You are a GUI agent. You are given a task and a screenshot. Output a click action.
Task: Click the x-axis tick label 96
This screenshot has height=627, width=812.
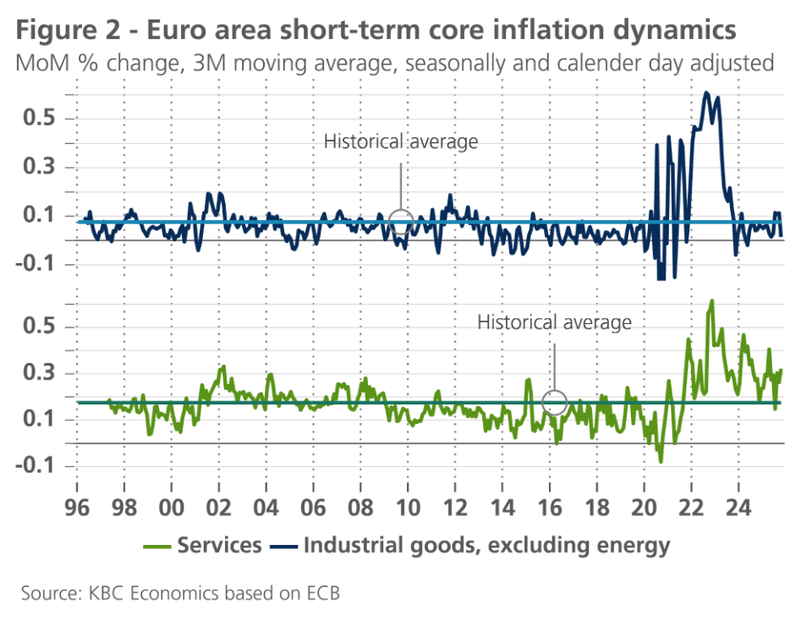point(77,511)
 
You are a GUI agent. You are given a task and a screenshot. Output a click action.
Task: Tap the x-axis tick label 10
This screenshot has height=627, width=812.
point(409,511)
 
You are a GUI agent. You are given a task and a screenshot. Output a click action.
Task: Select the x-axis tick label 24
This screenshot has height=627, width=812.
point(738,511)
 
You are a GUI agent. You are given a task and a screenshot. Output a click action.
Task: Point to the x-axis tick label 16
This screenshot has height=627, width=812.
point(550,511)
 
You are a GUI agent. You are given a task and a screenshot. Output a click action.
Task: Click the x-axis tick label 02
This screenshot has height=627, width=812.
point(219,511)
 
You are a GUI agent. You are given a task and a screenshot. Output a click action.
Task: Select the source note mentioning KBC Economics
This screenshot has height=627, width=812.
point(180,593)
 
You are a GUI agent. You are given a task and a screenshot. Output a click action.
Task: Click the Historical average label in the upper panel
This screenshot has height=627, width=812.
point(401,141)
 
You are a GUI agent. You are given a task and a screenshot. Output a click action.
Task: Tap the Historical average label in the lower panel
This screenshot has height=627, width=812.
point(554,322)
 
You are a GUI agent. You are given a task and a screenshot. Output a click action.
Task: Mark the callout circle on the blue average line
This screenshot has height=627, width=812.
point(401,223)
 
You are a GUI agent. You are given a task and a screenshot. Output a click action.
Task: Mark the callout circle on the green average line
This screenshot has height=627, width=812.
point(554,402)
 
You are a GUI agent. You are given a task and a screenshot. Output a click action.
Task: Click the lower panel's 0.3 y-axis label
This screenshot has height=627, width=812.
point(41,373)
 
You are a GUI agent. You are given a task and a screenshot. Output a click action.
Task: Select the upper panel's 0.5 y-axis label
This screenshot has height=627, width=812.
point(41,118)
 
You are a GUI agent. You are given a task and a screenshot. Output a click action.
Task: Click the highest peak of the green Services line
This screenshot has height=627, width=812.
point(712,300)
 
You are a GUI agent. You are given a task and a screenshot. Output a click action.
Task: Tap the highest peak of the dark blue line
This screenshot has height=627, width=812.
point(706,92)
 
